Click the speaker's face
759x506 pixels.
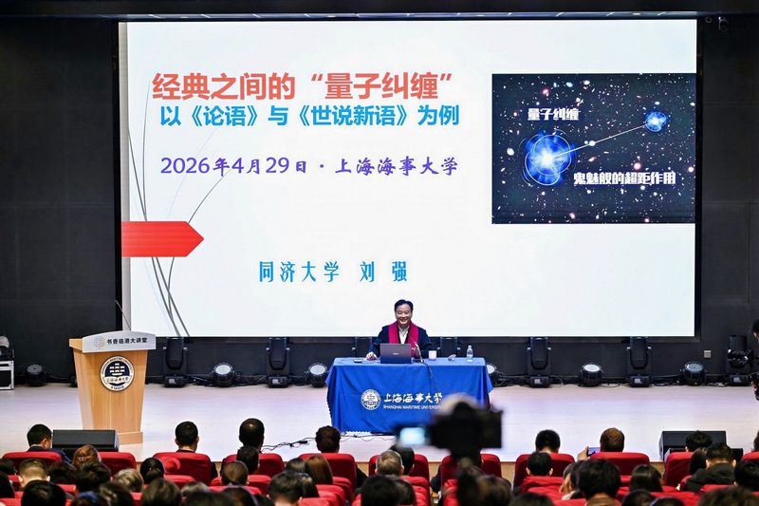coord(405,311)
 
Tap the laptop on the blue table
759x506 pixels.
coord(396,352)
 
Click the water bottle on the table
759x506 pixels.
coord(469,353)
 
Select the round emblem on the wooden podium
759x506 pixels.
coord(116,373)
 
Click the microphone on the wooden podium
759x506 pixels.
coord(122,315)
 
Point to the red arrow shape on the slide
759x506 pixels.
coord(161,238)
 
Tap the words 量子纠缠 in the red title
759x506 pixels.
coord(369,88)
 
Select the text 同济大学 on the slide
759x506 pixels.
coord(299,272)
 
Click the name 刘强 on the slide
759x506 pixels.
coord(386,272)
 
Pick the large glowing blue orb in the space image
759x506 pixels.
coord(547,154)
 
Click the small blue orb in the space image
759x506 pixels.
coord(655,121)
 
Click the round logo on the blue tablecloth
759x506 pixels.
coord(371,399)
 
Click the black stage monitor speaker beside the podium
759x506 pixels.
coord(84,440)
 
